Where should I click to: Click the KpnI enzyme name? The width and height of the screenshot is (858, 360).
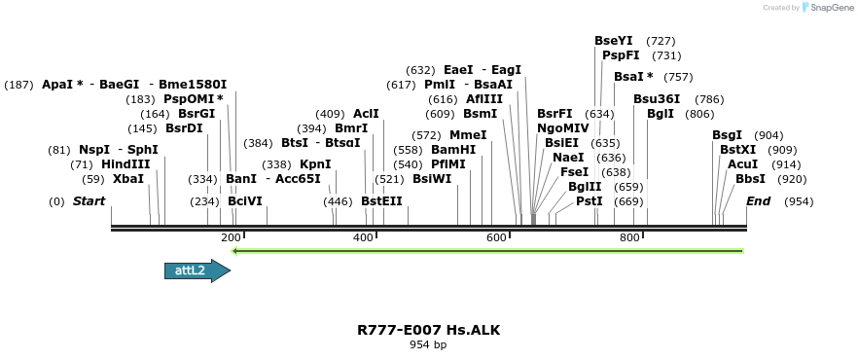(x=315, y=164)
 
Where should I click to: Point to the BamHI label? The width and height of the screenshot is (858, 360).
(x=453, y=150)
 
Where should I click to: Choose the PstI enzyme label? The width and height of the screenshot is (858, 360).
(x=590, y=200)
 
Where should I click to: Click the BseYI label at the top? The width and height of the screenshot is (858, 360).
(x=614, y=41)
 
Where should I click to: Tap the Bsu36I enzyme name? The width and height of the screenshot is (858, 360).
(x=657, y=99)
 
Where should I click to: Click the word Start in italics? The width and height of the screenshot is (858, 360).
(x=89, y=200)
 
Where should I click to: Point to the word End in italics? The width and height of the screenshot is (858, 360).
(x=759, y=200)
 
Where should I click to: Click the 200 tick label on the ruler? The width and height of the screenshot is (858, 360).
(x=231, y=238)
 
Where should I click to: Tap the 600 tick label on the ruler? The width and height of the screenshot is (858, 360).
(x=496, y=238)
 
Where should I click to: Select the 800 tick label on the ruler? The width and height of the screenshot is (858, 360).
(x=629, y=238)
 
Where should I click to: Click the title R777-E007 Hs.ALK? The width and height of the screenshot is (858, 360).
(x=428, y=330)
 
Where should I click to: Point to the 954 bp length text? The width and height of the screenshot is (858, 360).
(x=428, y=344)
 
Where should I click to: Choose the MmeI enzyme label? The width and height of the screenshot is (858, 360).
(x=468, y=135)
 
